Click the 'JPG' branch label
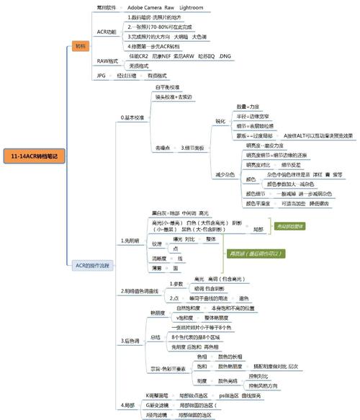coord(102,75)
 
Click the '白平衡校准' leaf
coord(167,86)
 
